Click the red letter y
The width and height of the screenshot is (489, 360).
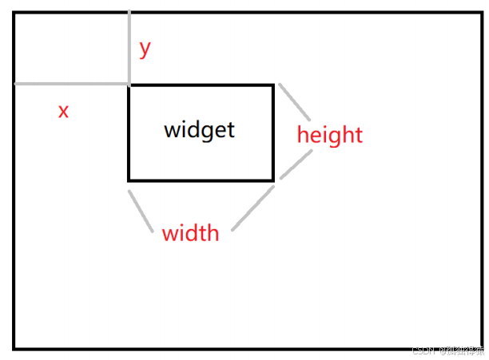pyautogui.click(x=145, y=49)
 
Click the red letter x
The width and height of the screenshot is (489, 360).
pyautogui.click(x=63, y=111)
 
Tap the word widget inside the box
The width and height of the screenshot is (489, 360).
pyautogui.click(x=200, y=129)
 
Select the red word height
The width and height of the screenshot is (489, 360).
pyautogui.click(x=329, y=135)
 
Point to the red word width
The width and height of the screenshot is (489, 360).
pyautogui.click(x=190, y=234)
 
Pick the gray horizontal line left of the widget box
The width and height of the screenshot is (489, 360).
pyautogui.click(x=72, y=83)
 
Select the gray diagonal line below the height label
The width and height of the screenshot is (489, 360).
pyautogui.click(x=296, y=164)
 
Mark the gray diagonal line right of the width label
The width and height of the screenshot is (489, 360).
pyautogui.click(x=254, y=207)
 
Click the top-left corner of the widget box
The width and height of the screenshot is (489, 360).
pyautogui.click(x=129, y=85)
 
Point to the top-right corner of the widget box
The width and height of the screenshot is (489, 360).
pyautogui.click(x=273, y=85)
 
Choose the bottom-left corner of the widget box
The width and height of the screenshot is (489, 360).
pyautogui.click(x=129, y=180)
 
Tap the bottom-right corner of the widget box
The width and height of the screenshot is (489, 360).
pyautogui.click(x=273, y=180)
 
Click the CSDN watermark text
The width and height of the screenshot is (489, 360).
pyautogui.click(x=447, y=350)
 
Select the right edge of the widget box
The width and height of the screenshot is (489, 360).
pyautogui.click(x=273, y=133)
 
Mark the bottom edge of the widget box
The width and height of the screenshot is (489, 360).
pyautogui.click(x=201, y=180)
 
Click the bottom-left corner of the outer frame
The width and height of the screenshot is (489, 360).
pyautogui.click(x=14, y=348)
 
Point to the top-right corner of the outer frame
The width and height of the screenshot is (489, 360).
pyautogui.click(x=481, y=13)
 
